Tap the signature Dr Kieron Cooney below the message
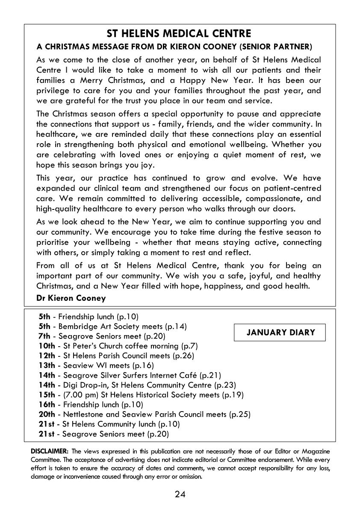pos(71,298)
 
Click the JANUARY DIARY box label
pos(280,332)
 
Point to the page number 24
pos(180,494)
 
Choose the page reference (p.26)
pos(183,356)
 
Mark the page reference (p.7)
pos(189,346)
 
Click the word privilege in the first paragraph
pos(52,91)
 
